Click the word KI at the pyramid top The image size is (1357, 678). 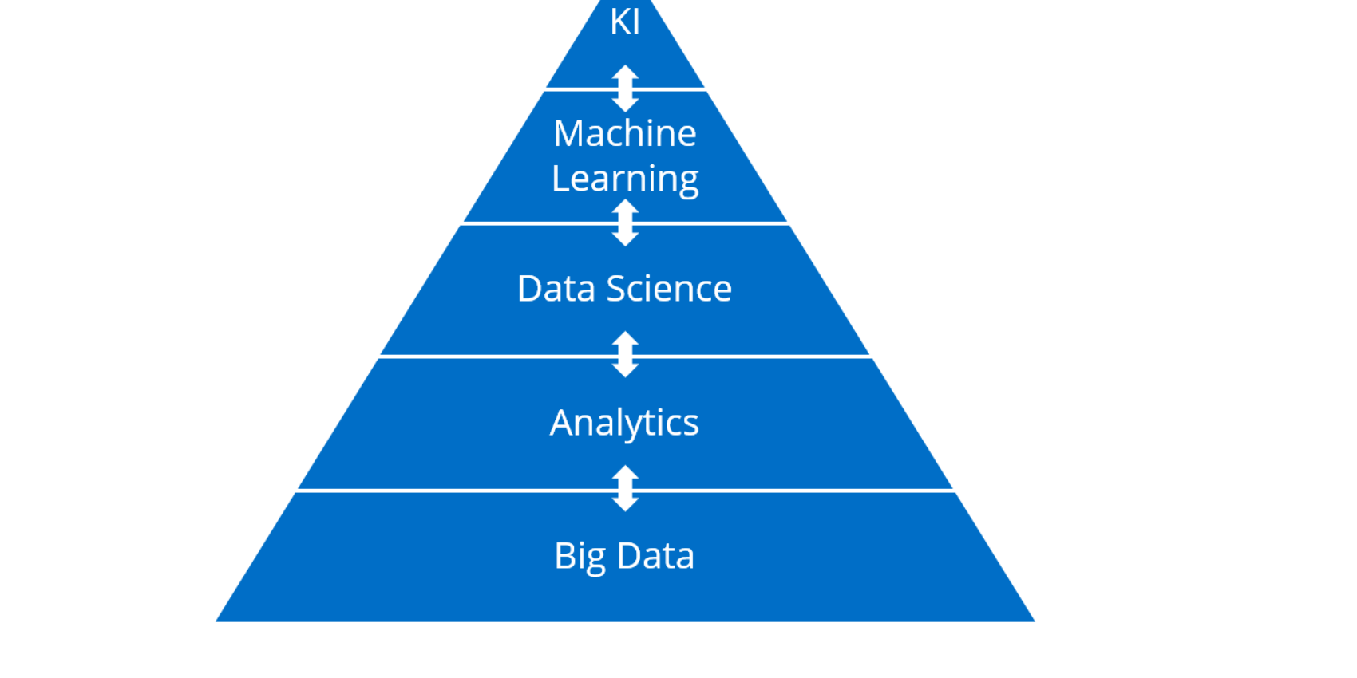(624, 22)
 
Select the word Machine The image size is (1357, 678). (624, 133)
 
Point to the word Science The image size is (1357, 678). (669, 288)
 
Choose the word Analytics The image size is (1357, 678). (624, 424)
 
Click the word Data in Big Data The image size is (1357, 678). (655, 556)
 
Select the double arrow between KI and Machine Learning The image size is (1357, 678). (625, 89)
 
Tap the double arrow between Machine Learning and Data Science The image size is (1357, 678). (625, 223)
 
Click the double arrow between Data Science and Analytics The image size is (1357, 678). (625, 355)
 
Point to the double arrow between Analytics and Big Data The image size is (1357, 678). (625, 488)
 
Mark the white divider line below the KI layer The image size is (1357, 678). (625, 89)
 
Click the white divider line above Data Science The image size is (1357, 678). (625, 223)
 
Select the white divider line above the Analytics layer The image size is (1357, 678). (625, 357)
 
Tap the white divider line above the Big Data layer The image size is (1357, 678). (625, 491)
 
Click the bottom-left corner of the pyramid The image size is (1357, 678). (216, 621)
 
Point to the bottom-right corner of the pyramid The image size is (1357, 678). (1035, 621)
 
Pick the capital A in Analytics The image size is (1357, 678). (561, 422)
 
